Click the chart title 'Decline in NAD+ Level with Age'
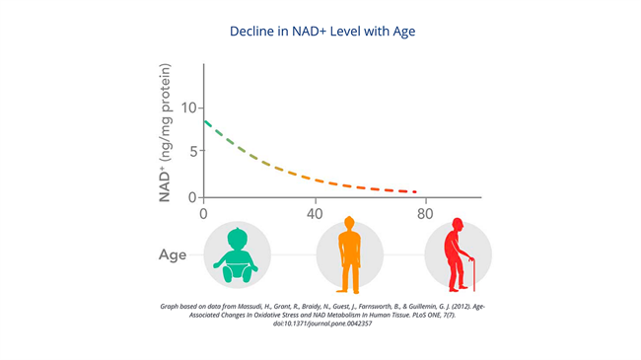(x=322, y=32)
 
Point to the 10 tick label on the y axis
(x=189, y=108)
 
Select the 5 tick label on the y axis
(x=193, y=151)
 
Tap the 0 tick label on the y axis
(x=192, y=197)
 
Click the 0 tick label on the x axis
(x=203, y=214)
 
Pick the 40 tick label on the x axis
(x=315, y=214)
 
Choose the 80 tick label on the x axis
(x=425, y=214)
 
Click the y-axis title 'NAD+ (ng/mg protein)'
(x=165, y=132)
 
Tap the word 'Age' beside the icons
(x=173, y=254)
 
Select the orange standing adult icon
(x=349, y=255)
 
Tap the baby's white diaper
(x=237, y=269)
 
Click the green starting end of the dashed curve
(x=205, y=121)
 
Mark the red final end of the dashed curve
(x=415, y=191)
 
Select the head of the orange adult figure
(x=349, y=223)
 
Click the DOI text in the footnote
(x=322, y=324)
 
